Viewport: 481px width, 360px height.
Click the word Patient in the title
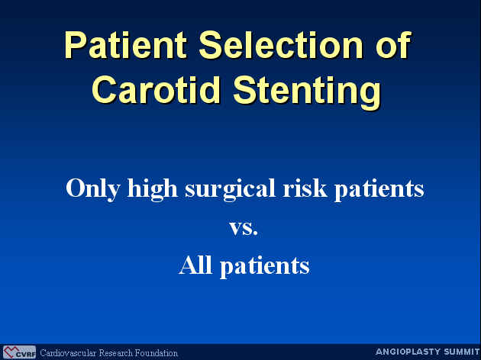coord(125,45)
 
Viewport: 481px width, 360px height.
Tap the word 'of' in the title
coord(393,45)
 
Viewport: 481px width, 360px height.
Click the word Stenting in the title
coord(308,92)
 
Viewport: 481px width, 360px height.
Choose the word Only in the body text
coord(93,188)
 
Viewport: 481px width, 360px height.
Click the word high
coord(153,188)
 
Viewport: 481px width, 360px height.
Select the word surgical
coord(230,188)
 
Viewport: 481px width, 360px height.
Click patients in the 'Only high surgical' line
coord(379,189)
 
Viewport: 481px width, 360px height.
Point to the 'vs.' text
coord(244,228)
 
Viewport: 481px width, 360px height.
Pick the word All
coord(195,265)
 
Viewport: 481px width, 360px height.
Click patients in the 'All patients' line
coord(265,266)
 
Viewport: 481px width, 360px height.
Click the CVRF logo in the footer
coord(19,352)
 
